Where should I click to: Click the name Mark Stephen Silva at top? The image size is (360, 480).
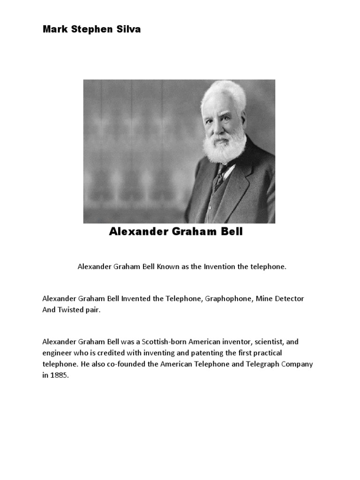[91, 30]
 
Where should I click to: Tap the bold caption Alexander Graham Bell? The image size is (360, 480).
[176, 232]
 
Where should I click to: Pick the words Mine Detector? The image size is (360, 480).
[280, 299]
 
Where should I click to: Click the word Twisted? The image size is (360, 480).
[70, 310]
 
